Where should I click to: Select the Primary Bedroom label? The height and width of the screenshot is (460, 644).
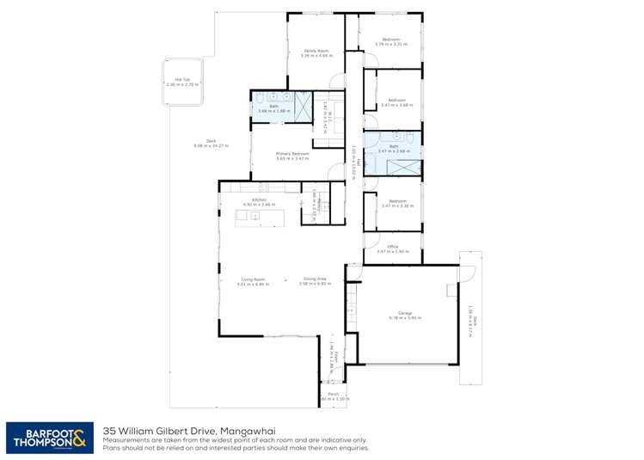pos(292,154)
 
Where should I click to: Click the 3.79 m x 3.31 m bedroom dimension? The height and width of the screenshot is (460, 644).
pos(391,44)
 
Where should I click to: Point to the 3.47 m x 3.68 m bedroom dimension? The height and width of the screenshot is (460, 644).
pos(396,105)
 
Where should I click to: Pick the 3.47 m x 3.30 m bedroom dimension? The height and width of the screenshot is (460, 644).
pos(396,206)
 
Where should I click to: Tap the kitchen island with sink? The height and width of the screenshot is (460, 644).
pos(259,218)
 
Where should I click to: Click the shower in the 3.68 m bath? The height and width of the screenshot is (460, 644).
pos(304,103)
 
